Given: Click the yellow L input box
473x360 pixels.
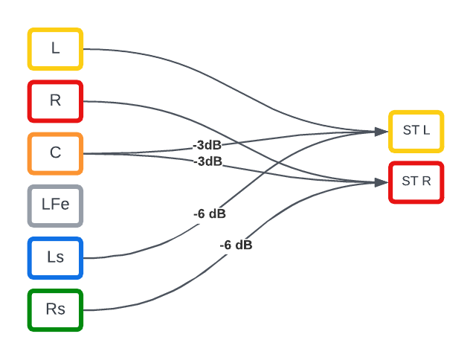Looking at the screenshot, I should tap(55, 49).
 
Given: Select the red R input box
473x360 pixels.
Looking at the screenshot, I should tap(55, 101).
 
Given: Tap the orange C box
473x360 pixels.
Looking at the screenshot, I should tap(55, 153).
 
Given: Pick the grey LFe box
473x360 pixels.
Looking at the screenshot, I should tap(55, 205).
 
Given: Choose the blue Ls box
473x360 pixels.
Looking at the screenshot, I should tap(55, 257).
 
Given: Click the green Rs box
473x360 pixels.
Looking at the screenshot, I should tap(55, 309).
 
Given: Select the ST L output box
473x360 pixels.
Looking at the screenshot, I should tap(416, 131).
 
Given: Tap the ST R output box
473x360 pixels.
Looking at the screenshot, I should tap(416, 181).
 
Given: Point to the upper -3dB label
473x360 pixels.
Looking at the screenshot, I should tap(207, 144).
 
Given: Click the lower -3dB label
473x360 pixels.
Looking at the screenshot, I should tap(207, 161).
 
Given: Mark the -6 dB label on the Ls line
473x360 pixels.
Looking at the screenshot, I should tap(210, 213).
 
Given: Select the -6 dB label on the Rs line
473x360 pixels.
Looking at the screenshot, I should tap(236, 245).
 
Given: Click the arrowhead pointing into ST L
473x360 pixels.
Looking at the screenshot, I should tap(382, 132).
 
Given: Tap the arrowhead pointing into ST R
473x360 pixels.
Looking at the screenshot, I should tap(382, 181).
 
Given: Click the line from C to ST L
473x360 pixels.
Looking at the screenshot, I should tap(297, 138).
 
